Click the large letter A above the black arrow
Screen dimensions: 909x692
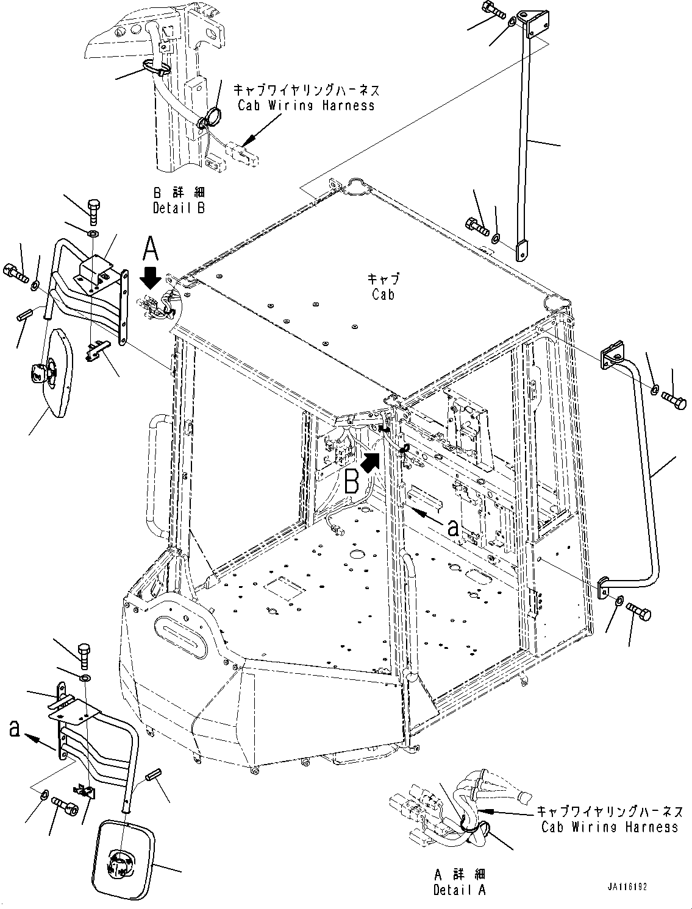pos(151,250)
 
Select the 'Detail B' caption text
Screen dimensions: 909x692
pos(179,207)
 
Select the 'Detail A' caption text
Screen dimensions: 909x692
pos(460,890)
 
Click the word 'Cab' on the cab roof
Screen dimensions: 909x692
pos(383,294)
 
